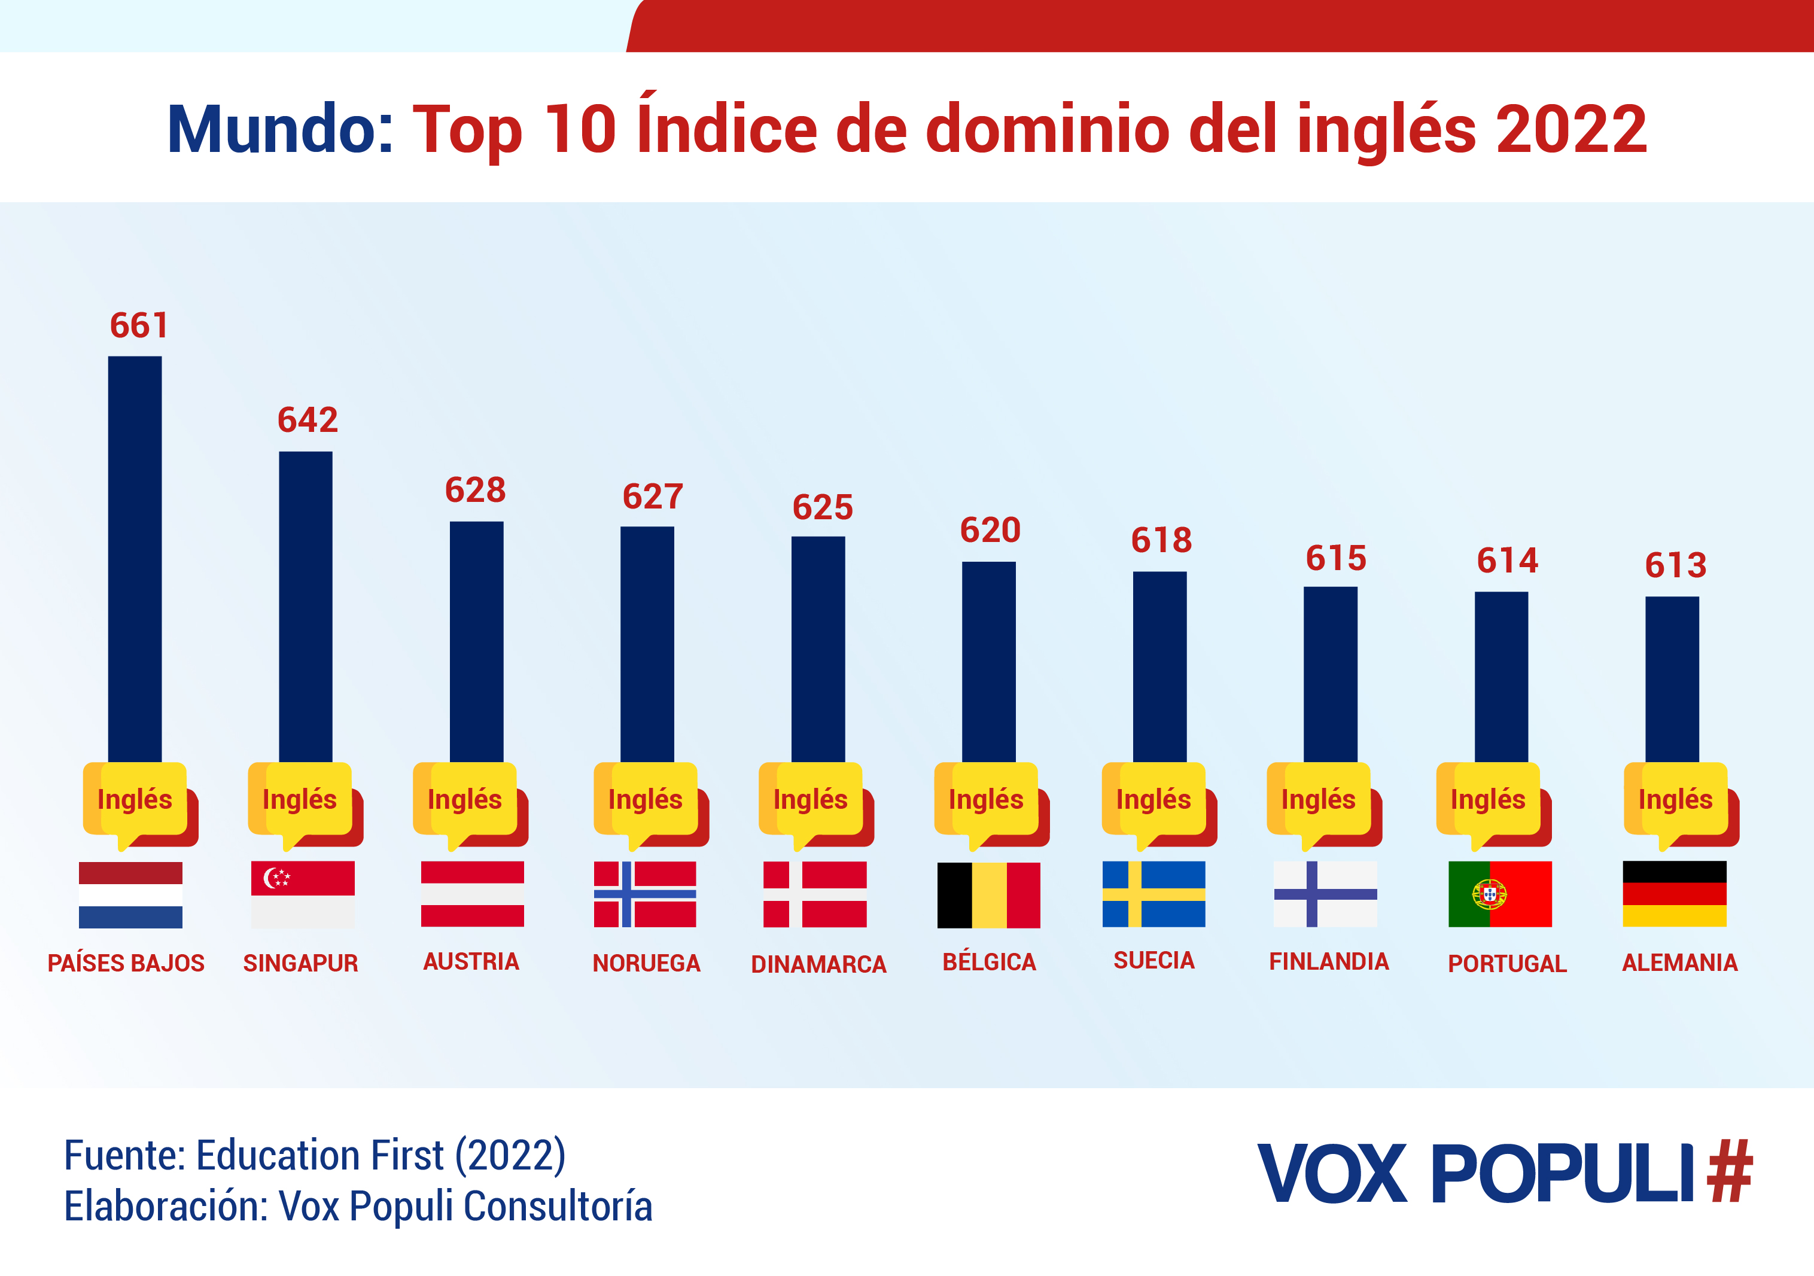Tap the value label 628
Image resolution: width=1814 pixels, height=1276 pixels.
coord(475,490)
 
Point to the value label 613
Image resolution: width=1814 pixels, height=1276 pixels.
coord(1675,565)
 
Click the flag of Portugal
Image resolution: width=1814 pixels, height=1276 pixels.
coord(1499,894)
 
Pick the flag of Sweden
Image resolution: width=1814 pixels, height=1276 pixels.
coord(1153,894)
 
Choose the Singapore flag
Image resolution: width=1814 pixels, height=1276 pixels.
coord(303,894)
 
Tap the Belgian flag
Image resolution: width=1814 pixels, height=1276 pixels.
coord(988,894)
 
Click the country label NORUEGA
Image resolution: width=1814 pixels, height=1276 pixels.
coord(646,963)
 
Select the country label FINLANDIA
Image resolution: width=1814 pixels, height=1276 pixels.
coord(1329,961)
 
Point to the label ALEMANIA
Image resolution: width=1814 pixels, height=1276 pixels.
coord(1680,963)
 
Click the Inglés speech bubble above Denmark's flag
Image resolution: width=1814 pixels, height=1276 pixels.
coord(811,800)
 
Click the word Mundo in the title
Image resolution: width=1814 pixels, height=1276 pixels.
coord(279,130)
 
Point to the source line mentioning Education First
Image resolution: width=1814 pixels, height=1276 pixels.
coord(315,1155)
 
